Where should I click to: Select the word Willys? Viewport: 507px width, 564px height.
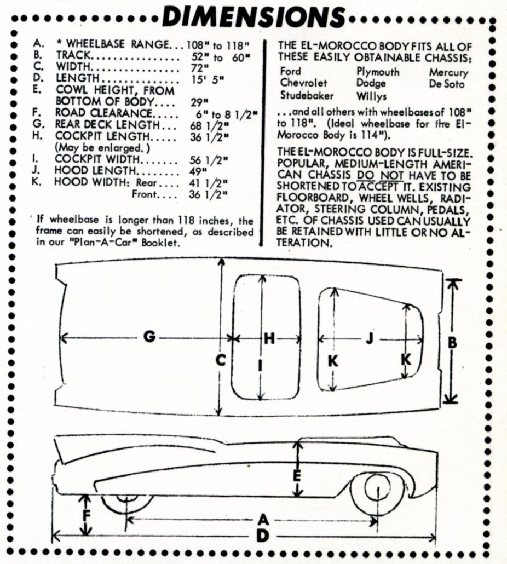371,96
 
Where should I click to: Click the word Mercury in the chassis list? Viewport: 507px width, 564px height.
448,72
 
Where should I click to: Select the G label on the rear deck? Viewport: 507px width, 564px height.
149,338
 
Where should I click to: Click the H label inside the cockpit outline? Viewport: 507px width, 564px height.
269,339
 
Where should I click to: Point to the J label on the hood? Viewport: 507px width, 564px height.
369,339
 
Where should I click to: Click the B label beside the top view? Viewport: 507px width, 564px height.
452,342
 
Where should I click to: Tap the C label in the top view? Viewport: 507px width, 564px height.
220,360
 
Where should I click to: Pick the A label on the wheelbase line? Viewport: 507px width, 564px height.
263,519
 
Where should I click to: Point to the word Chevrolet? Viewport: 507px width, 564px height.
304,83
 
